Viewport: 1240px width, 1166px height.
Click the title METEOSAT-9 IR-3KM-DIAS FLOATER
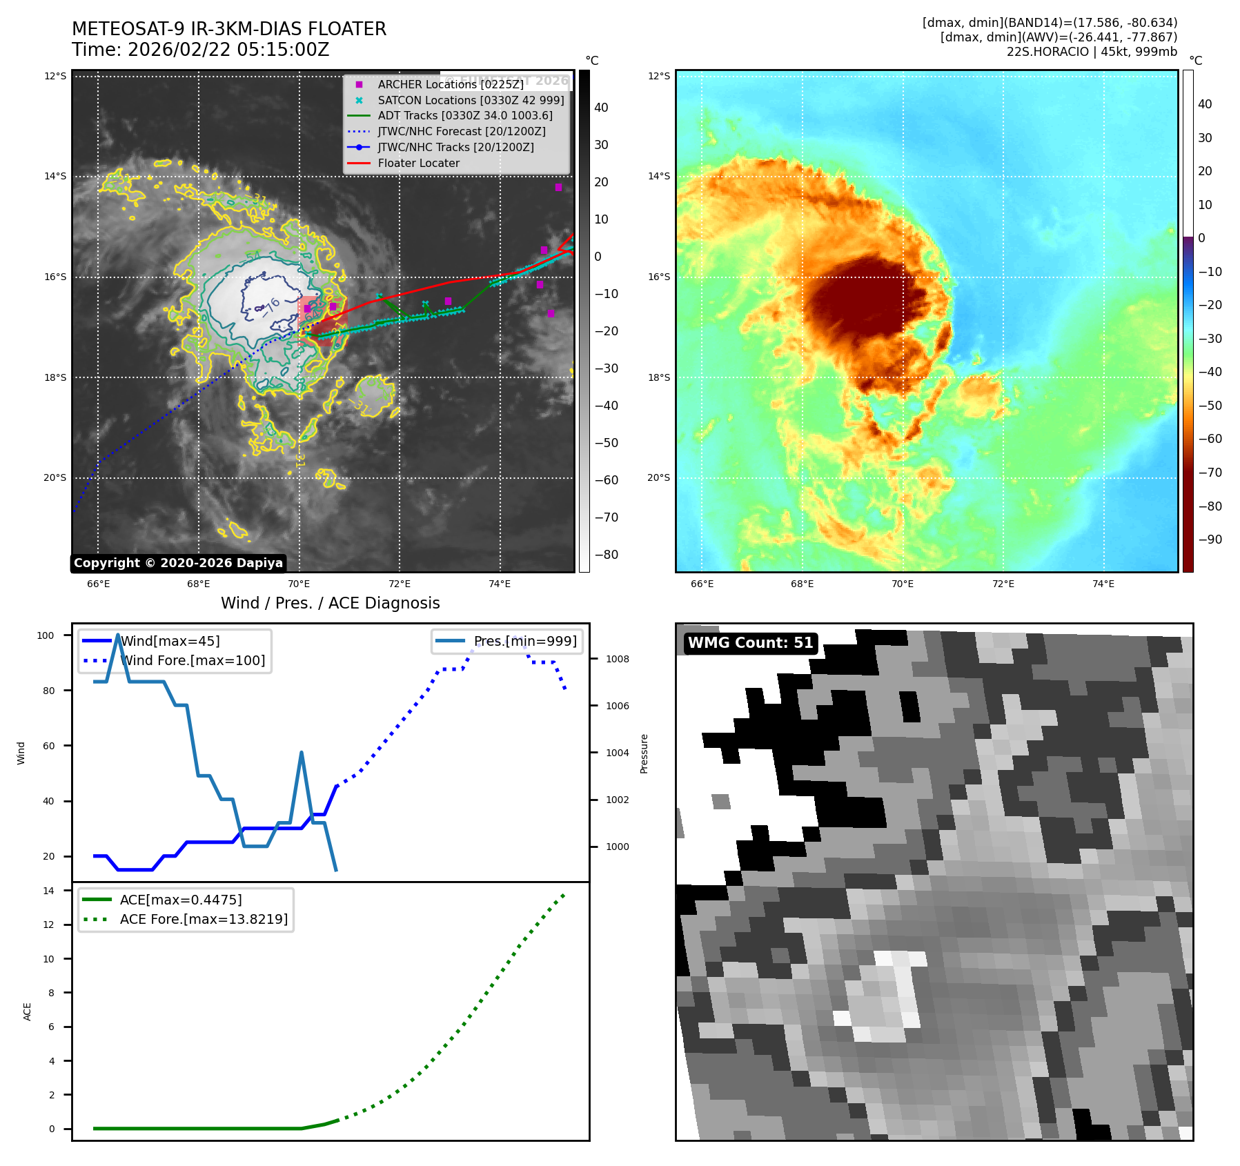(x=229, y=29)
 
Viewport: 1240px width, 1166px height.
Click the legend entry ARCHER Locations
(x=450, y=84)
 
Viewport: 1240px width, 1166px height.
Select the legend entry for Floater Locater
(x=418, y=163)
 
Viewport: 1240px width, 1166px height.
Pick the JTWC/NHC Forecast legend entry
(x=461, y=131)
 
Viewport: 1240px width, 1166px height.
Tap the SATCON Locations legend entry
(x=471, y=100)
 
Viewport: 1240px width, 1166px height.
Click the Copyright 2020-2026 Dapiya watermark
(x=178, y=563)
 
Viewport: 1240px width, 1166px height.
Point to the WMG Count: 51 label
(x=750, y=643)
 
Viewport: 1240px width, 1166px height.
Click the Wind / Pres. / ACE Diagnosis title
(x=330, y=603)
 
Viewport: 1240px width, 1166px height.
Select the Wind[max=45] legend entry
(x=170, y=641)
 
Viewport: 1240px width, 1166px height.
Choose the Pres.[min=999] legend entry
(x=524, y=641)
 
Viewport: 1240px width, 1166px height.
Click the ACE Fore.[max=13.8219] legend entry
(x=204, y=919)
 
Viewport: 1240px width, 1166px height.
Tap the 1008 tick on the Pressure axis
(x=617, y=659)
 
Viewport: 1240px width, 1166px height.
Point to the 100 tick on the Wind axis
(x=46, y=635)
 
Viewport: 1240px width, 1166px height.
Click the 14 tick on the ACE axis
(x=49, y=891)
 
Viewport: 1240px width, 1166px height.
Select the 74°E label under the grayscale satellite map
(x=500, y=584)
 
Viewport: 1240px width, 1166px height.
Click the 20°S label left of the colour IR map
(x=658, y=477)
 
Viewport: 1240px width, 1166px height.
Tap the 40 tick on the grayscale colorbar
(x=601, y=108)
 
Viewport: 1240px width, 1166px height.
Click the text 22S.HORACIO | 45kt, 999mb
(x=1092, y=52)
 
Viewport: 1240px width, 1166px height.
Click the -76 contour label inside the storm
(x=270, y=306)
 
